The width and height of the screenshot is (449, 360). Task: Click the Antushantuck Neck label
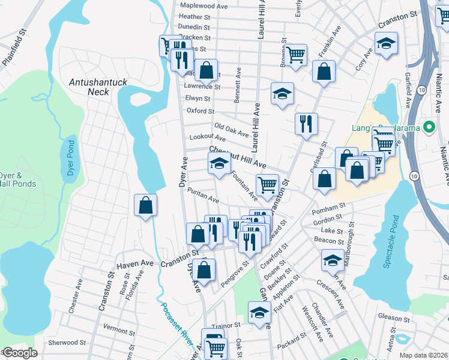(90, 86)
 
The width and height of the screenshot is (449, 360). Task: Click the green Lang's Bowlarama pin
(429, 127)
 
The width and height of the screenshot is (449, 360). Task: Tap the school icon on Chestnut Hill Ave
(220, 163)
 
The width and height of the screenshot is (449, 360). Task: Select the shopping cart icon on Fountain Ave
(267, 184)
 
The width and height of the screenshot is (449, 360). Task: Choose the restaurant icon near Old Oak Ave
(306, 124)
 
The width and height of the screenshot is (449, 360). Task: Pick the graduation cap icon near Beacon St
(332, 260)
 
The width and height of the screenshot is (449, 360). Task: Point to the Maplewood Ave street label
(203, 5)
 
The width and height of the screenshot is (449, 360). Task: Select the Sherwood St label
(67, 343)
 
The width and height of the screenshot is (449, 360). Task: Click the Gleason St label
(393, 316)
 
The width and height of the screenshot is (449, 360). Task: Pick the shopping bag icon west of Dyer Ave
(146, 206)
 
